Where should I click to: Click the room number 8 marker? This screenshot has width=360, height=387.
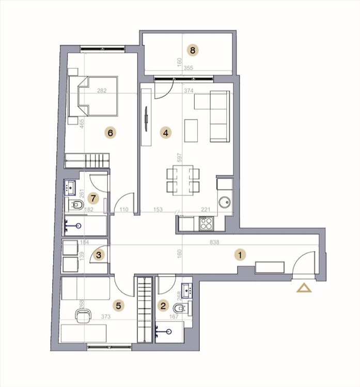193,51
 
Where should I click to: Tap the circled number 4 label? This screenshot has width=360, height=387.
166,133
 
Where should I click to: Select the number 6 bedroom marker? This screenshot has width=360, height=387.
110,133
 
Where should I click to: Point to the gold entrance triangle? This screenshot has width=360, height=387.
304,288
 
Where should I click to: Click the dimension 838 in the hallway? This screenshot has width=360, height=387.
214,242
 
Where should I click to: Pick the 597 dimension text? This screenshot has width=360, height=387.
180,157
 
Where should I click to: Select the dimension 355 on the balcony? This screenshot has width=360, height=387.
189,68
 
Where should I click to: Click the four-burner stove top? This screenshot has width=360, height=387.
206,223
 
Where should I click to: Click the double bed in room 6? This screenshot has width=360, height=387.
92,96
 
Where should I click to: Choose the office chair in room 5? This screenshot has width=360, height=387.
83,316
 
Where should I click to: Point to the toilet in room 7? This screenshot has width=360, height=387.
76,204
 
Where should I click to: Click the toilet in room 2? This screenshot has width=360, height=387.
181,308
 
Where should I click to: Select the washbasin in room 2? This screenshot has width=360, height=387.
187,290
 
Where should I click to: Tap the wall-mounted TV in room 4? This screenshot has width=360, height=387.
146,119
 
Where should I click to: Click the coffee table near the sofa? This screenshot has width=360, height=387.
191,131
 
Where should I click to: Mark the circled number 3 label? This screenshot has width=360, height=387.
99,255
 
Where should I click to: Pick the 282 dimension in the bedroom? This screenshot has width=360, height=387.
102,91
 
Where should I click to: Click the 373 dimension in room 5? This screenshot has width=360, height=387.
105,316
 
